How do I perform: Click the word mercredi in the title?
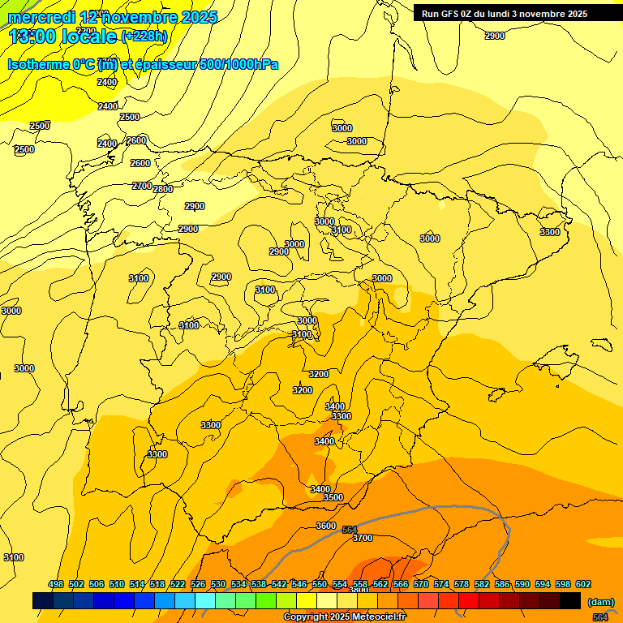[x=42, y=17]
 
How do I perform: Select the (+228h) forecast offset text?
[x=144, y=36]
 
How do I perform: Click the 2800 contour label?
[x=163, y=189]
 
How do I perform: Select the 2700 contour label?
[x=142, y=186]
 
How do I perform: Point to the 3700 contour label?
[x=363, y=538]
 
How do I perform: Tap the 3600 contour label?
[x=326, y=526]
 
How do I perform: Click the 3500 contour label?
[x=333, y=497]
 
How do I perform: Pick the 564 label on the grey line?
[x=350, y=530]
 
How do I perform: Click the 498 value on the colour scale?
[x=56, y=584]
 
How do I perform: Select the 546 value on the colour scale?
[x=299, y=584]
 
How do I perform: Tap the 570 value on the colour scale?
[x=421, y=584]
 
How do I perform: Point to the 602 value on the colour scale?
[x=583, y=584]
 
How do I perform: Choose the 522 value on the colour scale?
[x=178, y=584]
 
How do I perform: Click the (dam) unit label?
[x=600, y=601]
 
